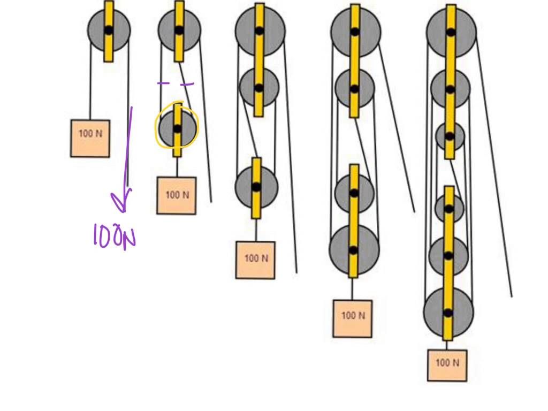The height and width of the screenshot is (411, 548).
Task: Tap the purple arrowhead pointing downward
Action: (x=123, y=204)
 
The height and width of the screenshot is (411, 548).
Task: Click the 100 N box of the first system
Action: (x=90, y=138)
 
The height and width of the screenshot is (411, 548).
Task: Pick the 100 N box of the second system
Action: (x=176, y=195)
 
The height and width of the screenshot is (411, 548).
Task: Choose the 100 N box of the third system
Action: (x=255, y=260)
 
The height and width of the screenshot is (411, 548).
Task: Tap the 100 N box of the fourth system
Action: (x=352, y=318)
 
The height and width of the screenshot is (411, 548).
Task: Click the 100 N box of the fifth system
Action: (x=447, y=365)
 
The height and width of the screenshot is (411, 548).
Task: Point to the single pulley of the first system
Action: (x=109, y=29)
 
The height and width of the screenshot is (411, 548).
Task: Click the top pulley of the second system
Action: (x=179, y=30)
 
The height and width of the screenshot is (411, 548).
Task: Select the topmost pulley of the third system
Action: (x=260, y=30)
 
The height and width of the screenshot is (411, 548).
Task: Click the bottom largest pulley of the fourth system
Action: (x=354, y=249)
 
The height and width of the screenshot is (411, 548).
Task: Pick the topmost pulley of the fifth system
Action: (x=451, y=32)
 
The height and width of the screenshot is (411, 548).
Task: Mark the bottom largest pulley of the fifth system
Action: (x=448, y=312)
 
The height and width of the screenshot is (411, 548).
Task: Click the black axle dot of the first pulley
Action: (x=109, y=31)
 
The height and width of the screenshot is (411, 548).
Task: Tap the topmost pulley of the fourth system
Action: (x=355, y=31)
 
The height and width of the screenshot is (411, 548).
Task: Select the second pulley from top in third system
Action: (x=259, y=87)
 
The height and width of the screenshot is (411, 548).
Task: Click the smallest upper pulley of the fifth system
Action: (x=450, y=136)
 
